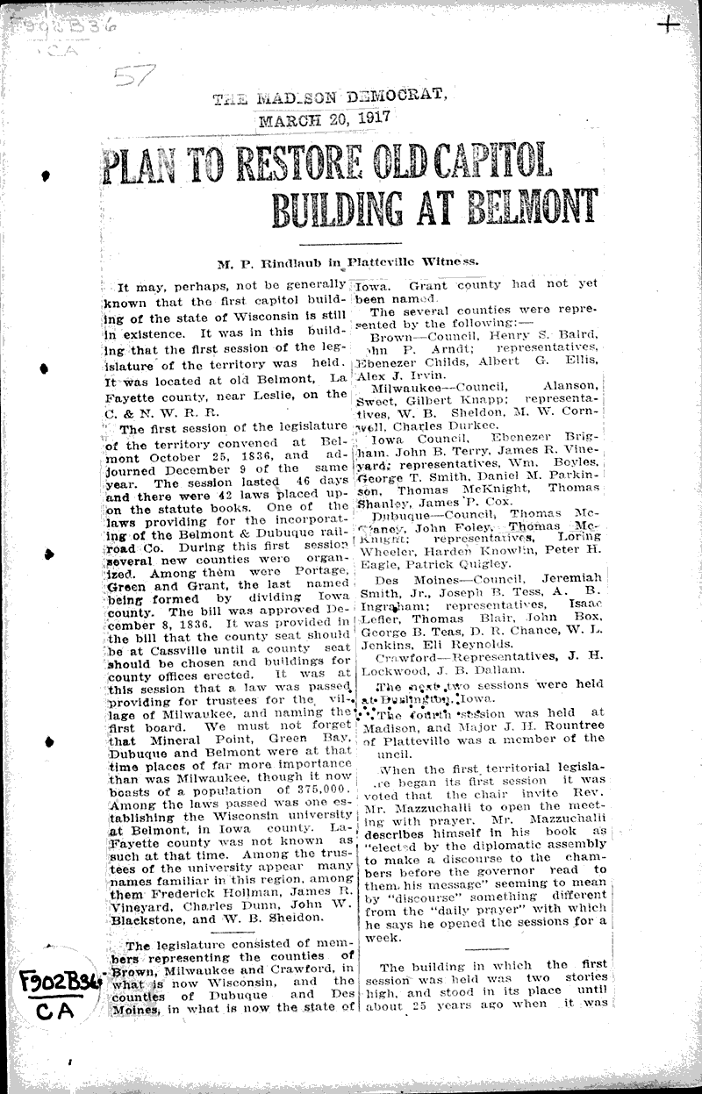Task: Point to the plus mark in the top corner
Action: [x=668, y=24]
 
